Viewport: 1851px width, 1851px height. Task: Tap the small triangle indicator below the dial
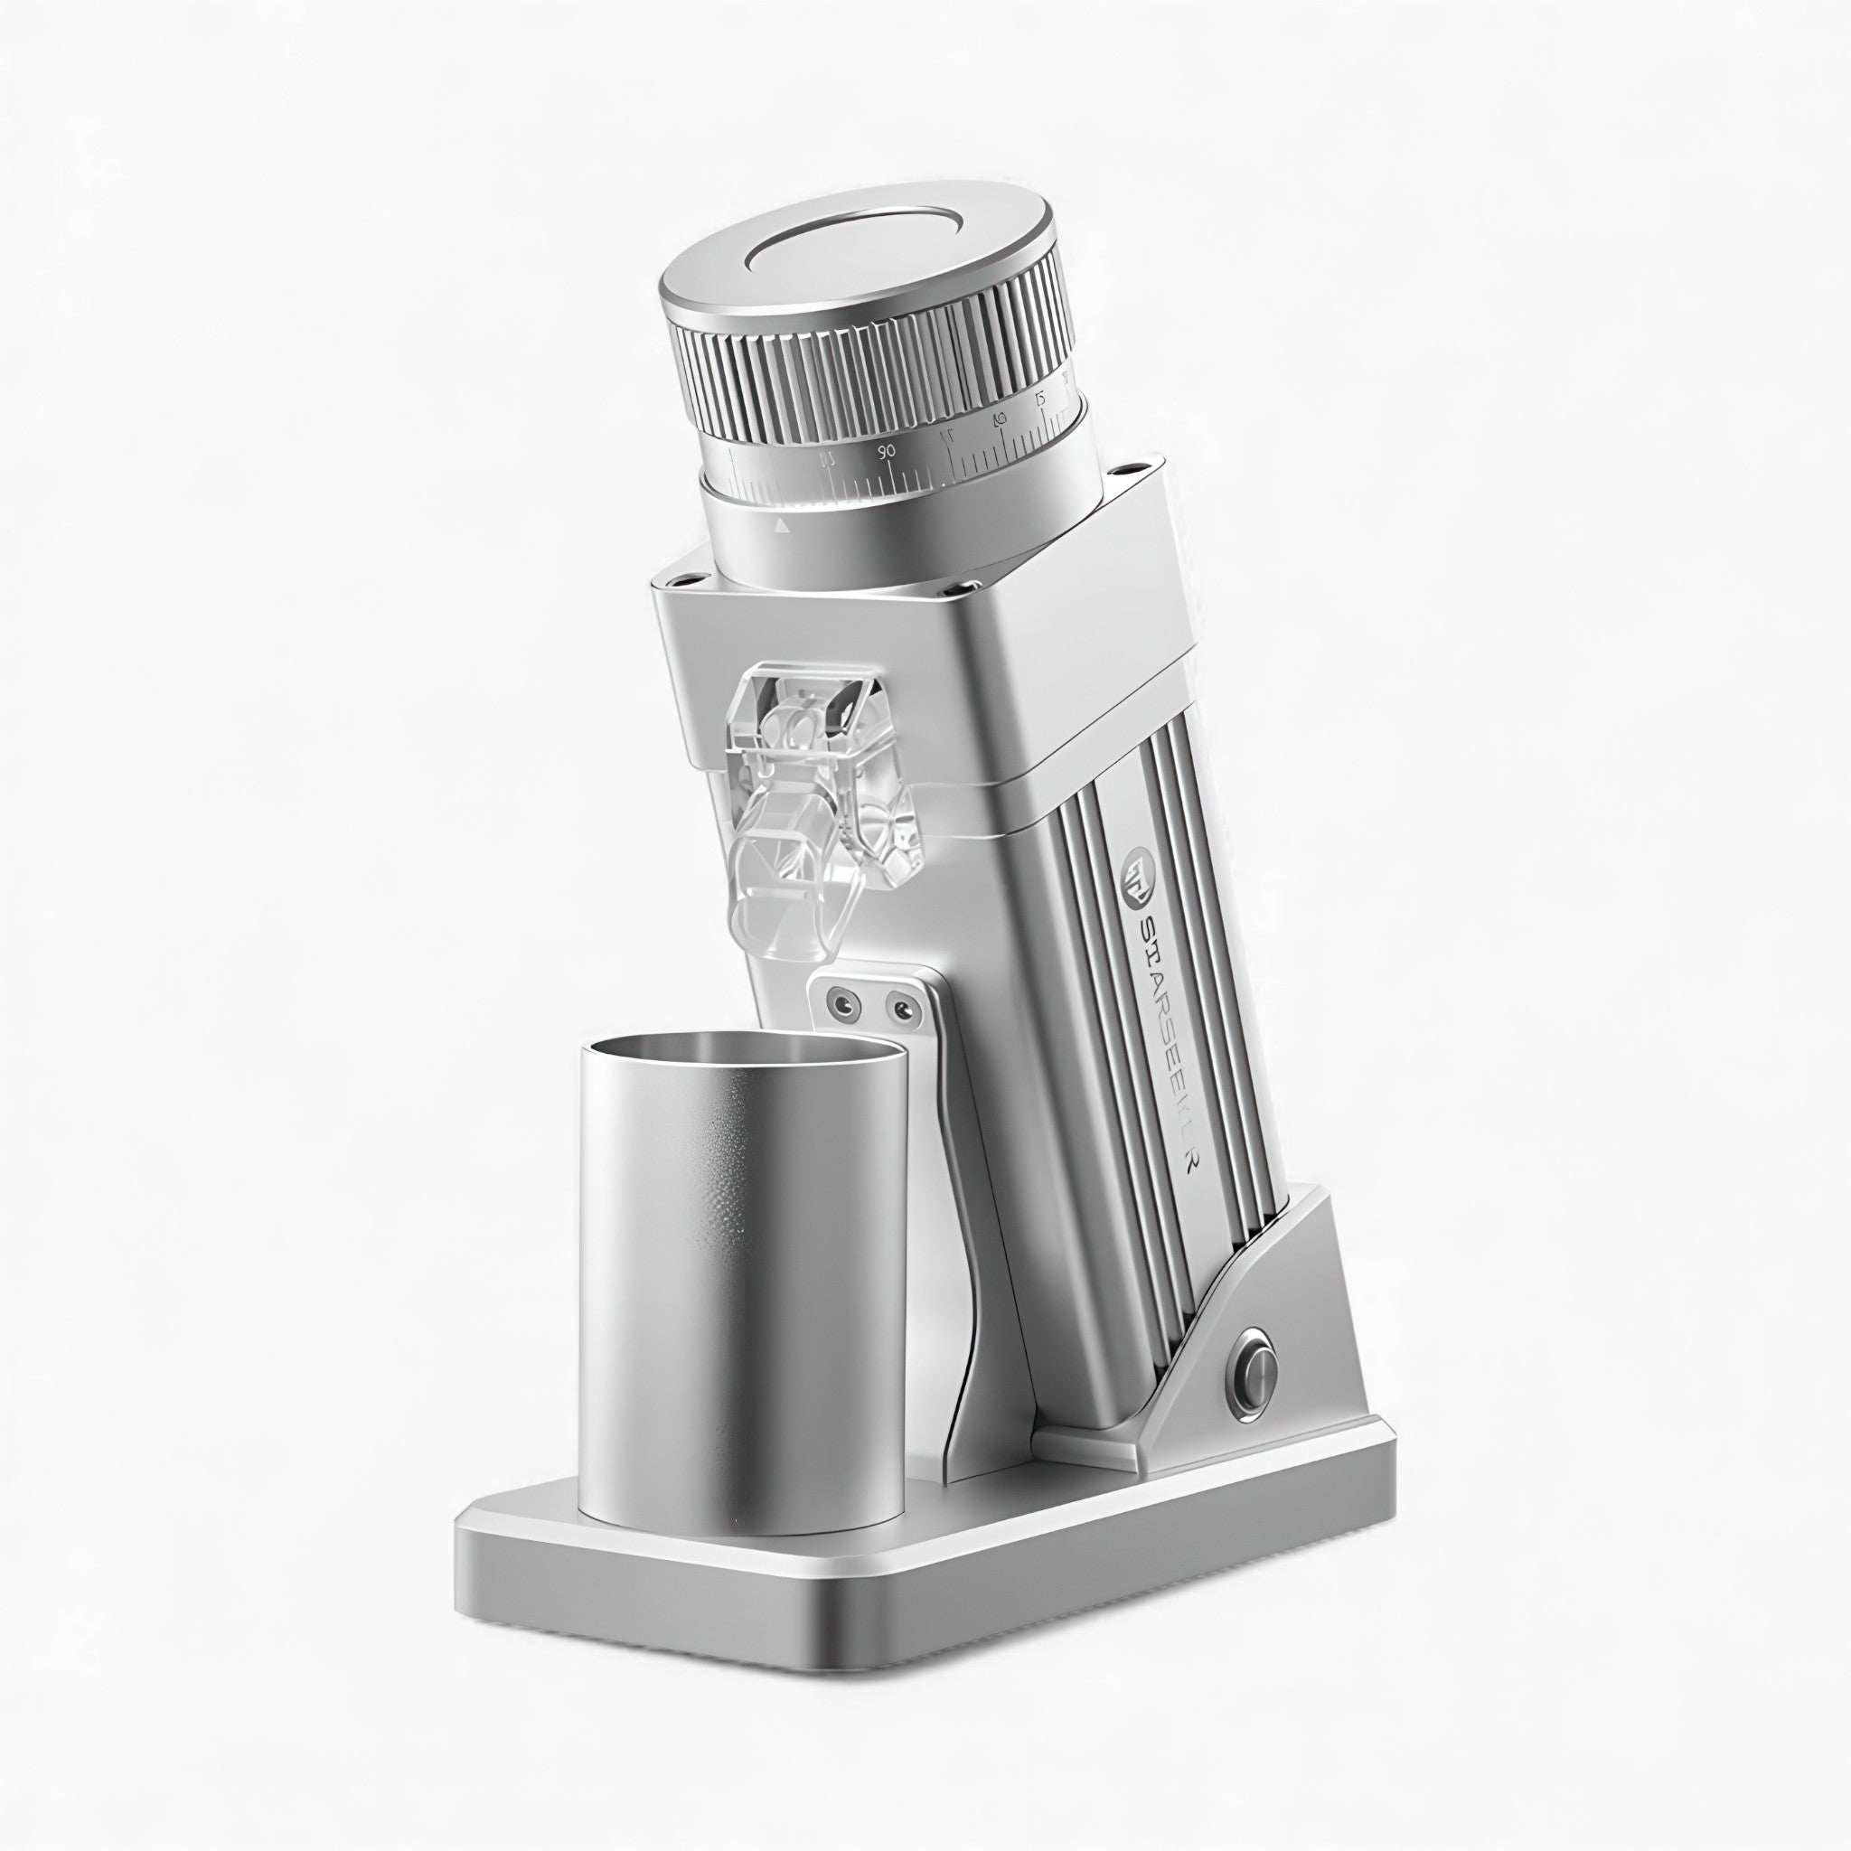pyautogui.click(x=782, y=526)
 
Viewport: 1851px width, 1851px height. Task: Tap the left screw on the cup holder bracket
pyautogui.click(x=842, y=1004)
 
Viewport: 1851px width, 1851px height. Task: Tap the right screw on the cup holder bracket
pyautogui.click(x=898, y=1008)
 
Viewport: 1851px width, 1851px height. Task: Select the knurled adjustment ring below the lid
pyautogui.click(x=872, y=383)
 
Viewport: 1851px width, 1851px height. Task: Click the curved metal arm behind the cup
pyautogui.click(x=968, y=1245)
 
